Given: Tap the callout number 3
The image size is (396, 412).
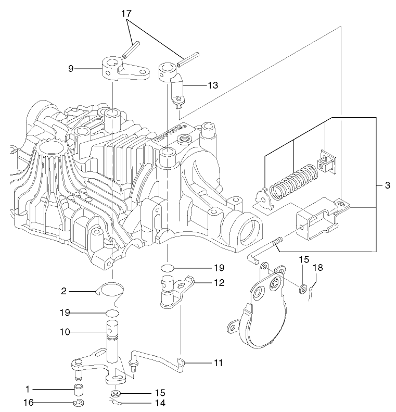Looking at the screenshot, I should (x=386, y=185).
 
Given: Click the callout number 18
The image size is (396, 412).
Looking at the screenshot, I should (x=318, y=268).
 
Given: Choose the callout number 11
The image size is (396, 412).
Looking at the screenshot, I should (x=219, y=361).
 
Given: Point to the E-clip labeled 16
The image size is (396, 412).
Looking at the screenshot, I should (x=79, y=403).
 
